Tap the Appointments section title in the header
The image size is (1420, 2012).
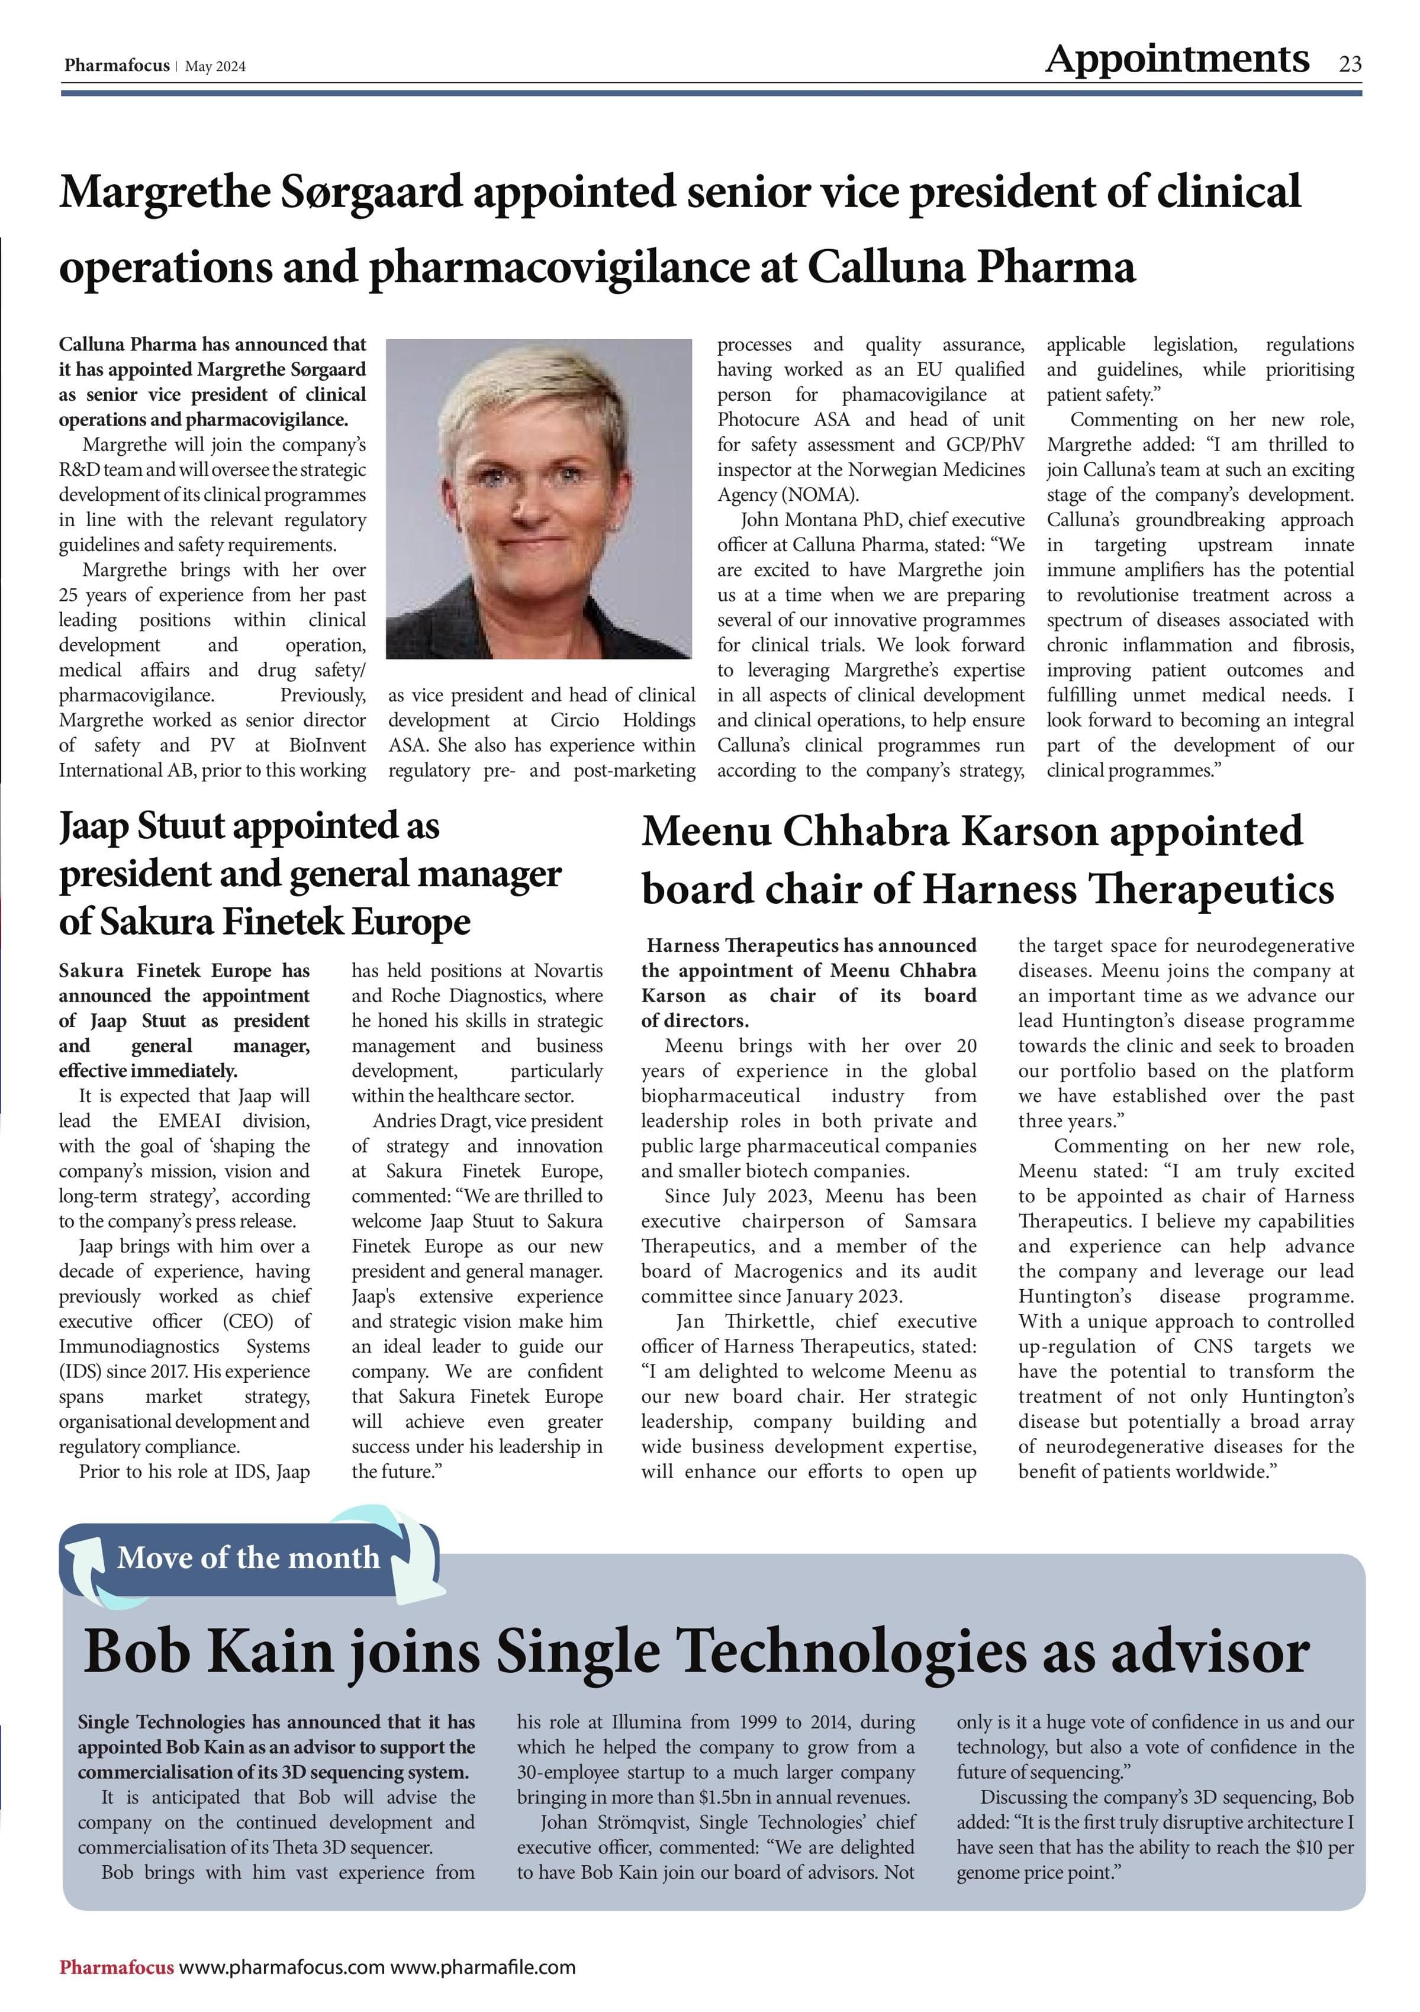[x=1177, y=59]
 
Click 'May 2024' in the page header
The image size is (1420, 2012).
[x=215, y=67]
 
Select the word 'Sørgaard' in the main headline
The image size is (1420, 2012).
[x=371, y=192]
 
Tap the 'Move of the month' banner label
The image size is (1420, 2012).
[x=248, y=1557]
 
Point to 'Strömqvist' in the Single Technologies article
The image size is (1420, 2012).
[x=641, y=1823]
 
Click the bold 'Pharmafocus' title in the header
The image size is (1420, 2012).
[x=117, y=66]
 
